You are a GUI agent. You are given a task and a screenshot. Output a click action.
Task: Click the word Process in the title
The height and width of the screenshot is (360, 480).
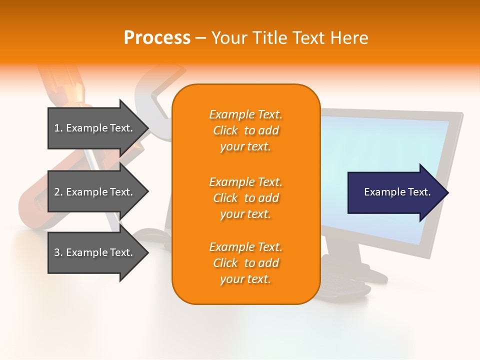click(x=157, y=38)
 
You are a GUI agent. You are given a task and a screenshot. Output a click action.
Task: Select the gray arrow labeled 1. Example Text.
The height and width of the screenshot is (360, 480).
click(x=95, y=128)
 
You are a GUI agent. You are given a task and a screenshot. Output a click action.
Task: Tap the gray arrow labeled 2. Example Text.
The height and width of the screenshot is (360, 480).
click(x=95, y=192)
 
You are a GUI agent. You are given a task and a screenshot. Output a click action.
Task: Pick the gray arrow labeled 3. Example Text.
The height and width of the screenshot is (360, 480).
click(x=95, y=252)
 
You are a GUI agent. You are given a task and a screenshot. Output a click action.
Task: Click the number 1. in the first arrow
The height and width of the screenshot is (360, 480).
click(x=58, y=128)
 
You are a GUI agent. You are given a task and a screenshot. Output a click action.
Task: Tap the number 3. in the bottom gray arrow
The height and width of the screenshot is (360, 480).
click(x=58, y=252)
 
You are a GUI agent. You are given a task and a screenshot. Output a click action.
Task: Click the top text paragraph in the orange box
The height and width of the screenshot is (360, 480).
click(x=245, y=130)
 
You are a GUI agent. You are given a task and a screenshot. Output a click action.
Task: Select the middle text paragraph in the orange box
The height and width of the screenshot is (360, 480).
click(x=245, y=198)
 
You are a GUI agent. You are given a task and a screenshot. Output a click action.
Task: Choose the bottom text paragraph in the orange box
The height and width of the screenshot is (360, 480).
click(x=245, y=263)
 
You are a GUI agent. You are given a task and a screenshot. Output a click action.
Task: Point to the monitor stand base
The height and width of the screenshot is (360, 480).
click(x=350, y=272)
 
